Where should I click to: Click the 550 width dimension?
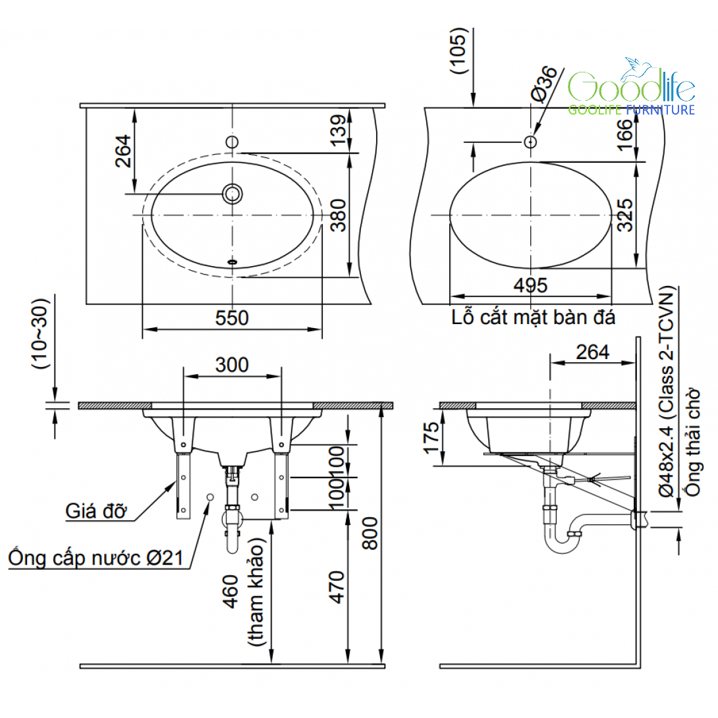[x=232, y=318]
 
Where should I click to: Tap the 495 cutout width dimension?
[x=530, y=286]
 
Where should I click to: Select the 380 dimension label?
[x=339, y=215]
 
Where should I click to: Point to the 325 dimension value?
[x=625, y=215]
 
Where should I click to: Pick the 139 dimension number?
[x=339, y=130]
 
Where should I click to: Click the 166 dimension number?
[x=625, y=134]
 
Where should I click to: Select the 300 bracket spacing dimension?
[x=232, y=365]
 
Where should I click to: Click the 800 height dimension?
[x=370, y=533]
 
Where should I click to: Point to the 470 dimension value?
[x=337, y=588]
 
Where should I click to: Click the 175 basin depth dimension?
[x=431, y=438]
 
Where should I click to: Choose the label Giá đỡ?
[x=96, y=511]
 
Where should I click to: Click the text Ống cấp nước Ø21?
[x=96, y=558]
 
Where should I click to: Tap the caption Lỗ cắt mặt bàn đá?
[x=534, y=318]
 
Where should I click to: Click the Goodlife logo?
[x=632, y=87]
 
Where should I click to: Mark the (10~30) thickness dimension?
[x=40, y=334]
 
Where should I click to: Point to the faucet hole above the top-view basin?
[x=232, y=142]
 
